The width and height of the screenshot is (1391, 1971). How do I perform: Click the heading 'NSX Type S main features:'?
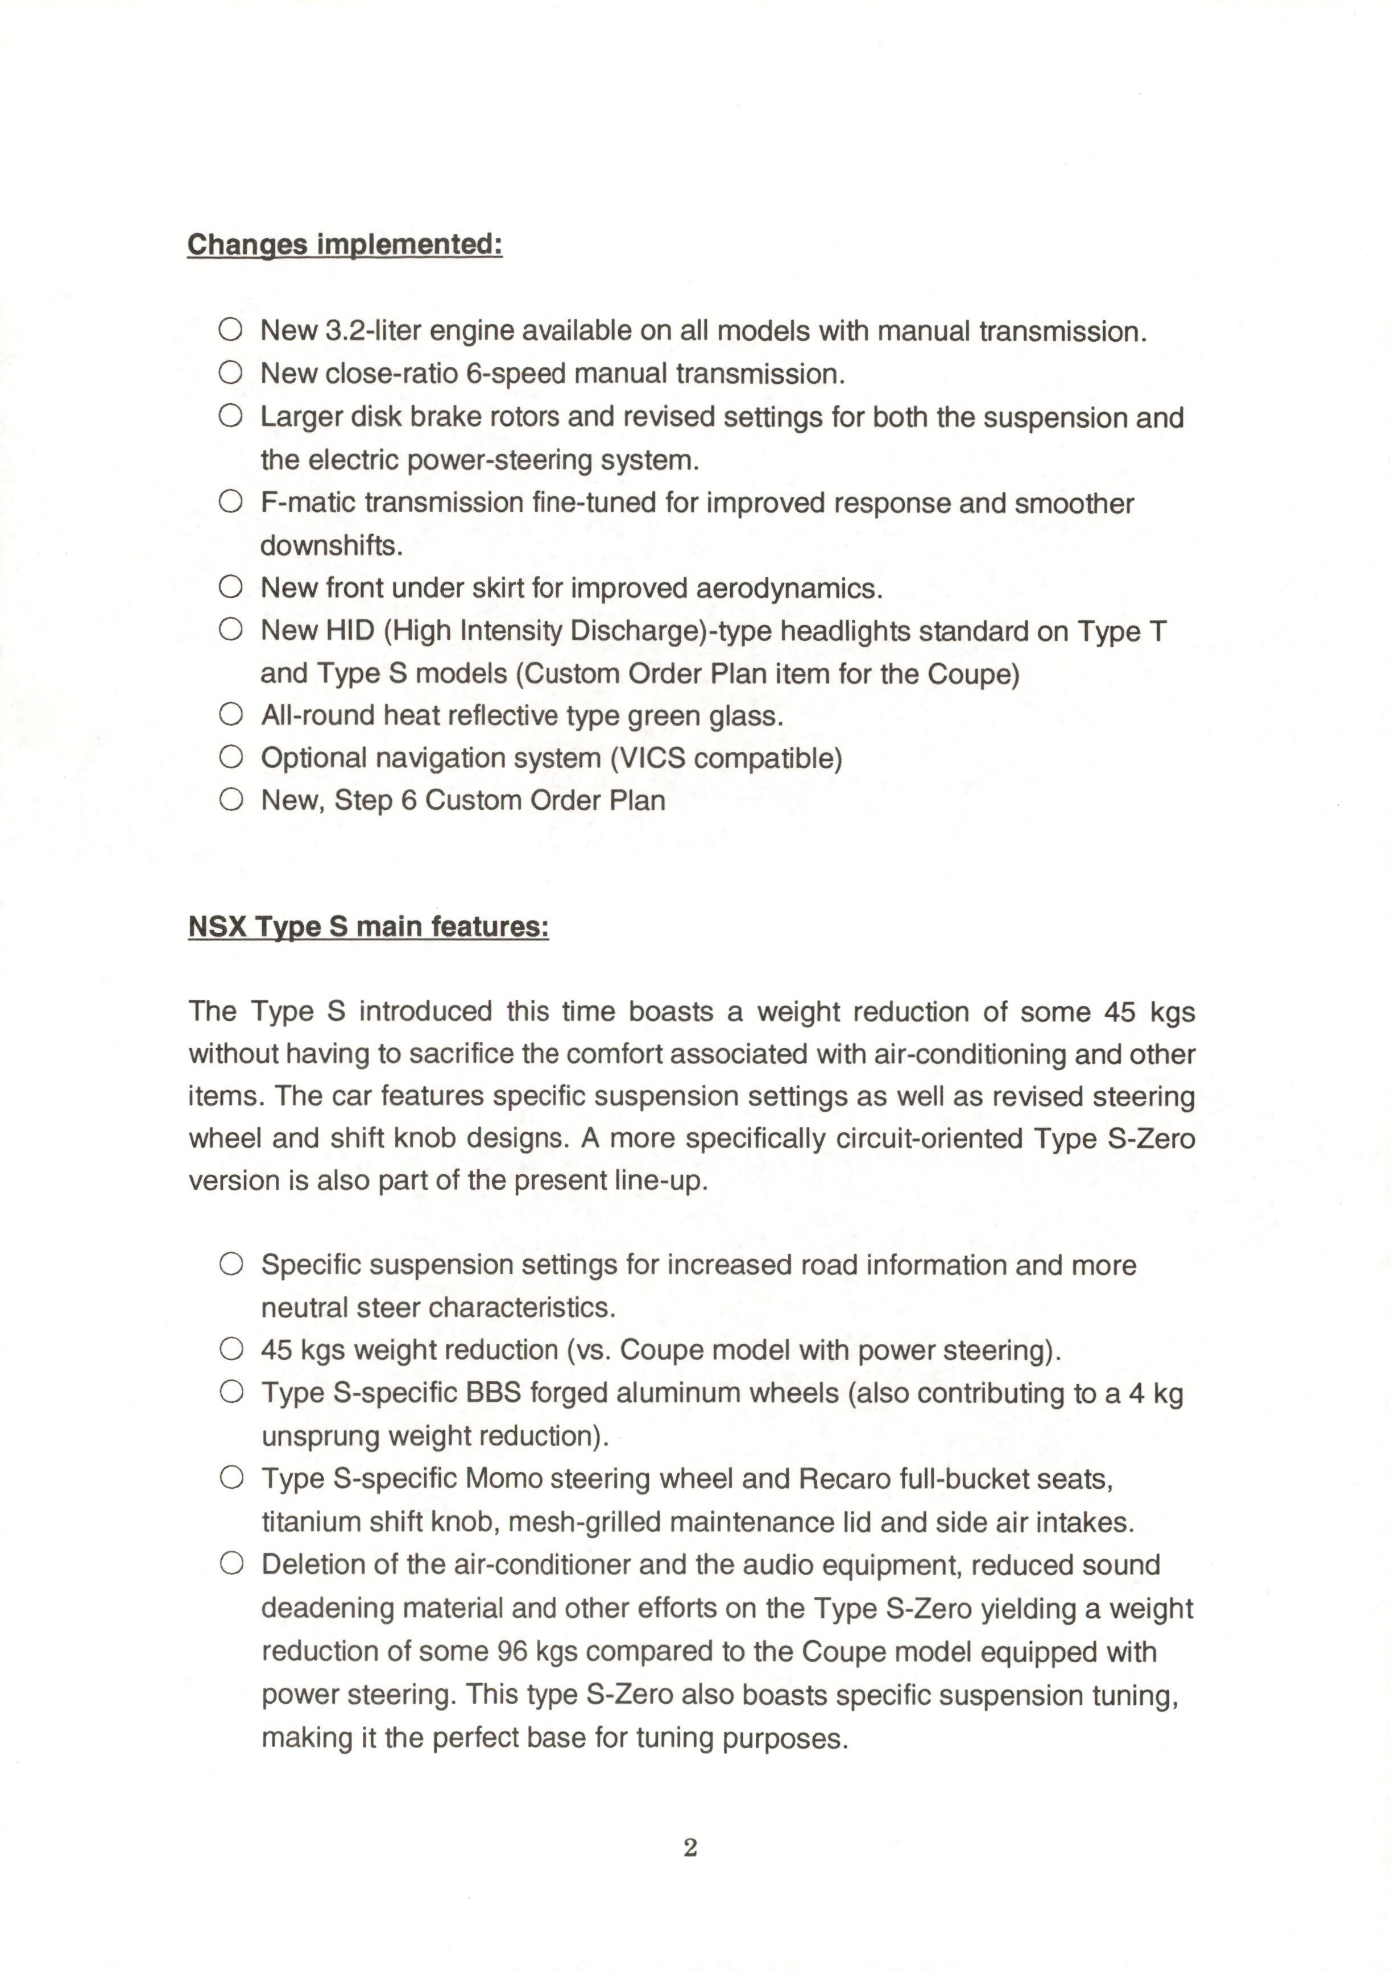click(x=369, y=928)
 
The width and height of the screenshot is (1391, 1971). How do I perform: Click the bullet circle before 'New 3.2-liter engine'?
click(x=230, y=330)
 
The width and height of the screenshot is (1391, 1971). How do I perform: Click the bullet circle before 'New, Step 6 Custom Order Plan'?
click(x=230, y=800)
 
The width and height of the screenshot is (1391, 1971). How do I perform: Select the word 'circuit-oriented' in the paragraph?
click(x=923, y=1139)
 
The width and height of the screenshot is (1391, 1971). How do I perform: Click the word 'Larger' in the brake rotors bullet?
click(x=303, y=417)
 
